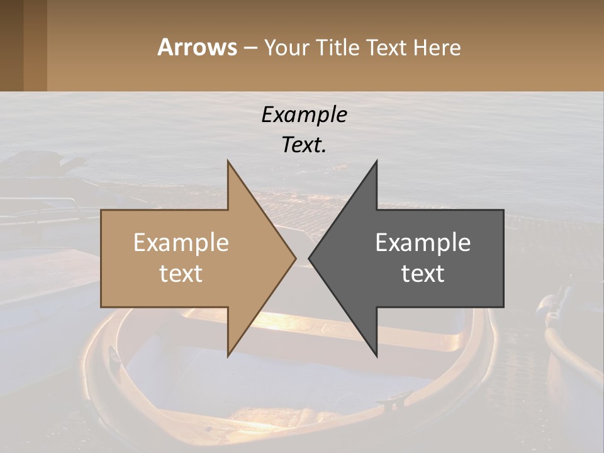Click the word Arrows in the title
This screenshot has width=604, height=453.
coord(197,47)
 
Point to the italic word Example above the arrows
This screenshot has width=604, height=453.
coord(304,115)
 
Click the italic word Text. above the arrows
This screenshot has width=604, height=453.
coord(304,145)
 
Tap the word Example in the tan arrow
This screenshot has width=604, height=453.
coord(181,242)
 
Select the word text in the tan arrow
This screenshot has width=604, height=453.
coord(181,273)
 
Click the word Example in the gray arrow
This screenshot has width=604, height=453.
coord(423,242)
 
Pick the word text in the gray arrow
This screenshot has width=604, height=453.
coord(423,273)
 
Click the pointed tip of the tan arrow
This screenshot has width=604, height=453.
coord(294,258)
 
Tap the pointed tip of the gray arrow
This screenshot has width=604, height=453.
coord(310,258)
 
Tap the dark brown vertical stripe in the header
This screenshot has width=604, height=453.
coord(11,45)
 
